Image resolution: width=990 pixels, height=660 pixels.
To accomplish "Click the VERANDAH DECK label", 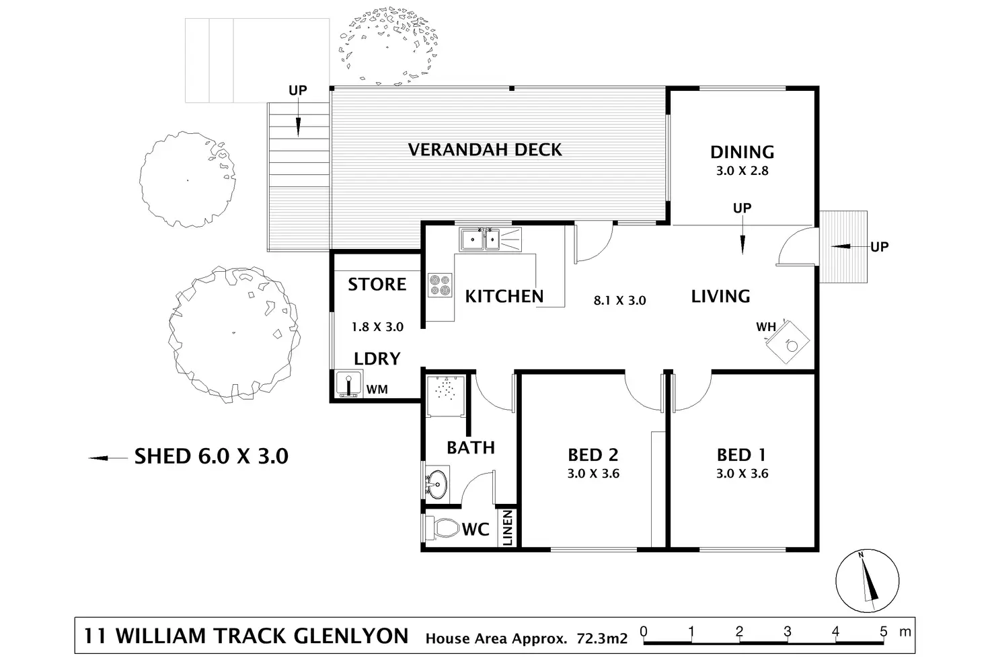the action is pos(485,149).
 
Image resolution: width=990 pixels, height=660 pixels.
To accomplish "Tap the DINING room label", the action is pos(742,152).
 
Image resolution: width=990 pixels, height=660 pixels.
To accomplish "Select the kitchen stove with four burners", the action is pos(440,285).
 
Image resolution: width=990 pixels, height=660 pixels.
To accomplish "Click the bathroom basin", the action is pos(437,482).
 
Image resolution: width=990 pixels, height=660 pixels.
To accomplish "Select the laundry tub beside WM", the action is pos(349,384).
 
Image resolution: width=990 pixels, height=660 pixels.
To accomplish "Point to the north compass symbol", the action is pos(868,580).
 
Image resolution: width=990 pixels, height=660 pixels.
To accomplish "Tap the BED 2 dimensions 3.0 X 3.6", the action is pos(593,474).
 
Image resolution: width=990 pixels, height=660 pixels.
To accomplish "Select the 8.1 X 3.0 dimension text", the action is pos(619,301).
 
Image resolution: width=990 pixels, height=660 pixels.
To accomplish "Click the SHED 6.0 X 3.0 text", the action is pos(211,456).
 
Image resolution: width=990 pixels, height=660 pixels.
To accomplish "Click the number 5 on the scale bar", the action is pos(884,631).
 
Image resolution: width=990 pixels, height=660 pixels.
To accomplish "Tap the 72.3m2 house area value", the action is pos(602,638).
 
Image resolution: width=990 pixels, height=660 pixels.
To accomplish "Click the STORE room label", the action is pos(377,284).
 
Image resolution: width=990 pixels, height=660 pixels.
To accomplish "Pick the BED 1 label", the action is pos(741,455).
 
